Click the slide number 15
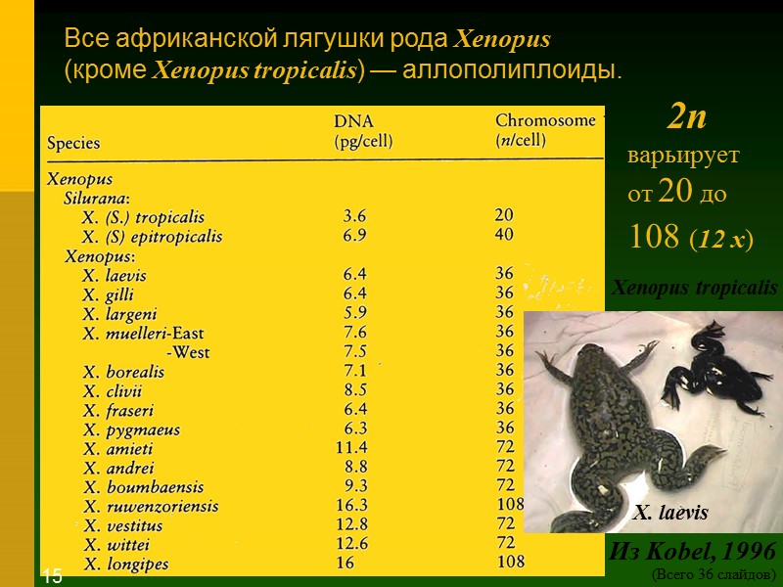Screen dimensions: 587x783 pyautogui.click(x=52, y=576)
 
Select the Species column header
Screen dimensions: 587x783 pyautogui.click(x=73, y=143)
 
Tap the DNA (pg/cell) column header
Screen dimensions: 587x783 pyautogui.click(x=363, y=131)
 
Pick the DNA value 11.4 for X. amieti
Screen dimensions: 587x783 pyautogui.click(x=351, y=448)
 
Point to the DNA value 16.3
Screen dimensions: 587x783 pyautogui.click(x=351, y=506)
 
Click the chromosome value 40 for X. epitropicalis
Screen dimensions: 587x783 pyautogui.click(x=505, y=235)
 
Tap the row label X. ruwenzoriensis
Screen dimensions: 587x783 pyautogui.click(x=151, y=507)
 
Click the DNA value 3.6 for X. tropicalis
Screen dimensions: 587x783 pyautogui.click(x=354, y=216)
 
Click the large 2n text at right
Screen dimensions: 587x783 pyautogui.click(x=687, y=118)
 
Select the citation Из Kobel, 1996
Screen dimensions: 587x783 pyautogui.click(x=692, y=549)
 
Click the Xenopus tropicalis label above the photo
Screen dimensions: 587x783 pyautogui.click(x=694, y=288)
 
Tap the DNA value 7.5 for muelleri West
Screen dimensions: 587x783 pyautogui.click(x=354, y=352)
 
